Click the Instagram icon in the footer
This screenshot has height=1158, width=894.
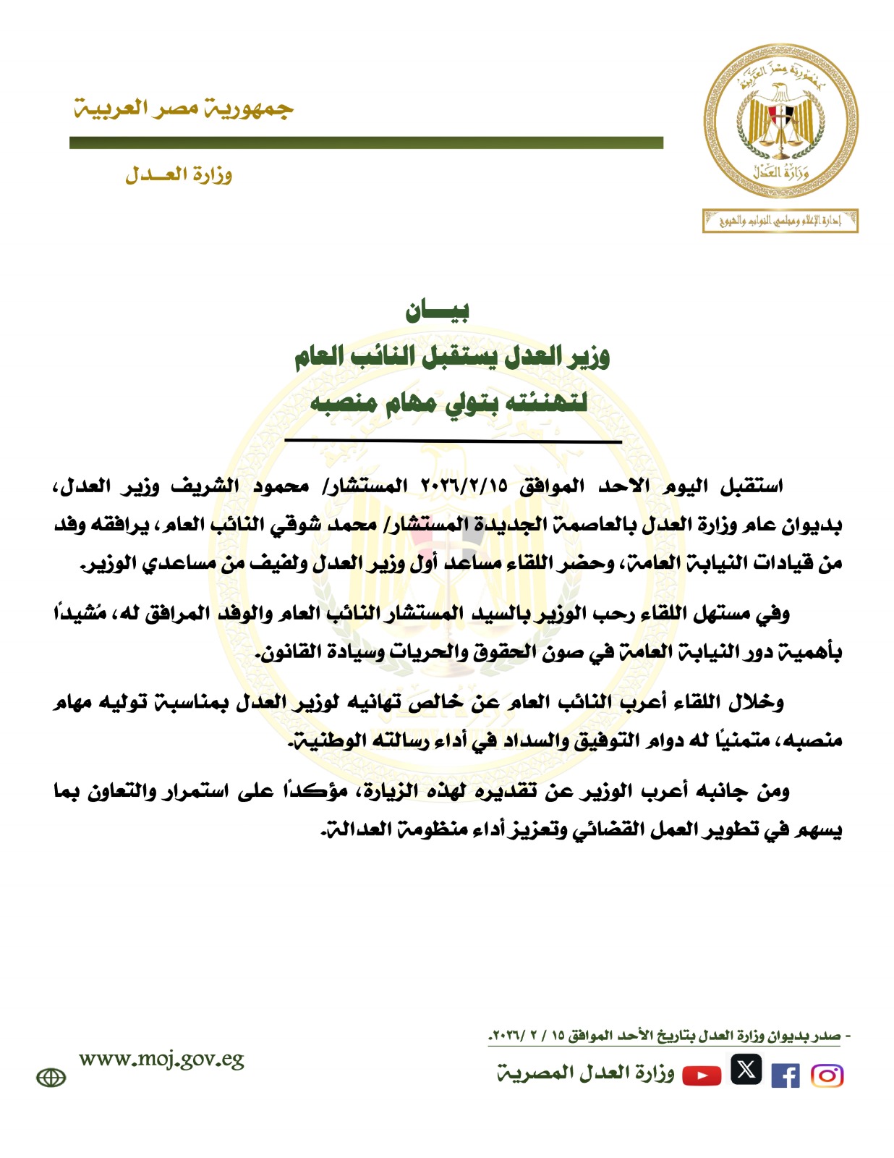(827, 1075)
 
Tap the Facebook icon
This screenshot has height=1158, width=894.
(785, 1075)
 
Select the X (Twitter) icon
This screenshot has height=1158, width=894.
(746, 1069)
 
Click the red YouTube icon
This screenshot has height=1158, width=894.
(702, 1075)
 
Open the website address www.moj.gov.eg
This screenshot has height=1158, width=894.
(161, 1060)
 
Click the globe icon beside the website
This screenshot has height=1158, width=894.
(51, 1078)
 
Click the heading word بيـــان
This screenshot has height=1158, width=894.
(437, 311)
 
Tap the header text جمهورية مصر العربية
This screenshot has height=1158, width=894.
(184, 109)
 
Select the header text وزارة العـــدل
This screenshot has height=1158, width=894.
(179, 174)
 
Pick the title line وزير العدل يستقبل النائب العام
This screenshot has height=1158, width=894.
(451, 357)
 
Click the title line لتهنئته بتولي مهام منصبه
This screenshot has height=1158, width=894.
(448, 402)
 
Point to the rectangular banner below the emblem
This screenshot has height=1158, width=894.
(780, 221)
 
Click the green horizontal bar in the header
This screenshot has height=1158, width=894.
(366, 143)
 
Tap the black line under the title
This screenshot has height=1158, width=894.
(453, 441)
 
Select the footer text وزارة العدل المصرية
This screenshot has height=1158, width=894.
(585, 1073)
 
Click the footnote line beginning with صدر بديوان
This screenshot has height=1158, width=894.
(669, 1036)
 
